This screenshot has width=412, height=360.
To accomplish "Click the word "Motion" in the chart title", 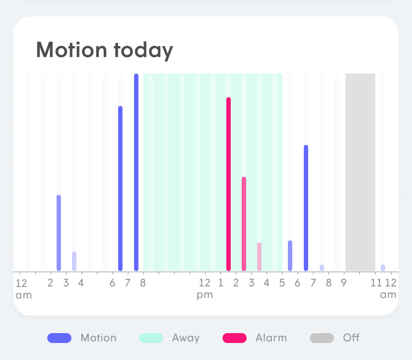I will click(71, 50).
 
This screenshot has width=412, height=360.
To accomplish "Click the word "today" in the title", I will click(143, 50).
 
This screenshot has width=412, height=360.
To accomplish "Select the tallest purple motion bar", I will click(136, 172).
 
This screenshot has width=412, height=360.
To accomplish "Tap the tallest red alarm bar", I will click(229, 184).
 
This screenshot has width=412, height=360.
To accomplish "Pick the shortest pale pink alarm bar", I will click(259, 256).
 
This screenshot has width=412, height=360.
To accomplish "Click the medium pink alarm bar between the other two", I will click(244, 223).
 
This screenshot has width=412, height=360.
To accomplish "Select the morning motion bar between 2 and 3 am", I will click(59, 233).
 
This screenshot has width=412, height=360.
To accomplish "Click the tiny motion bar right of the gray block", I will click(383, 267).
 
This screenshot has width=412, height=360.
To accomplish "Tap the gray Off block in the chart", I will click(360, 172).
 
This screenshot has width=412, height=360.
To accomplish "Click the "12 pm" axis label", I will click(204, 289).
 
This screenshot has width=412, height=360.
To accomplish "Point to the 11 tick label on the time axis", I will click(376, 283).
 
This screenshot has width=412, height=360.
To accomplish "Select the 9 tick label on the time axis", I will click(343, 283).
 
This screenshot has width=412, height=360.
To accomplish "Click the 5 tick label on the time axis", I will click(282, 283).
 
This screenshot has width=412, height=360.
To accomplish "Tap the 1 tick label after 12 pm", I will click(221, 283).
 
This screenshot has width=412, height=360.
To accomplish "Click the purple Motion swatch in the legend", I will click(59, 338).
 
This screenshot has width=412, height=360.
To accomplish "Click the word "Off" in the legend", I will click(351, 338).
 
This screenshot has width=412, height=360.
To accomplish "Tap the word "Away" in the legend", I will click(186, 338).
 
